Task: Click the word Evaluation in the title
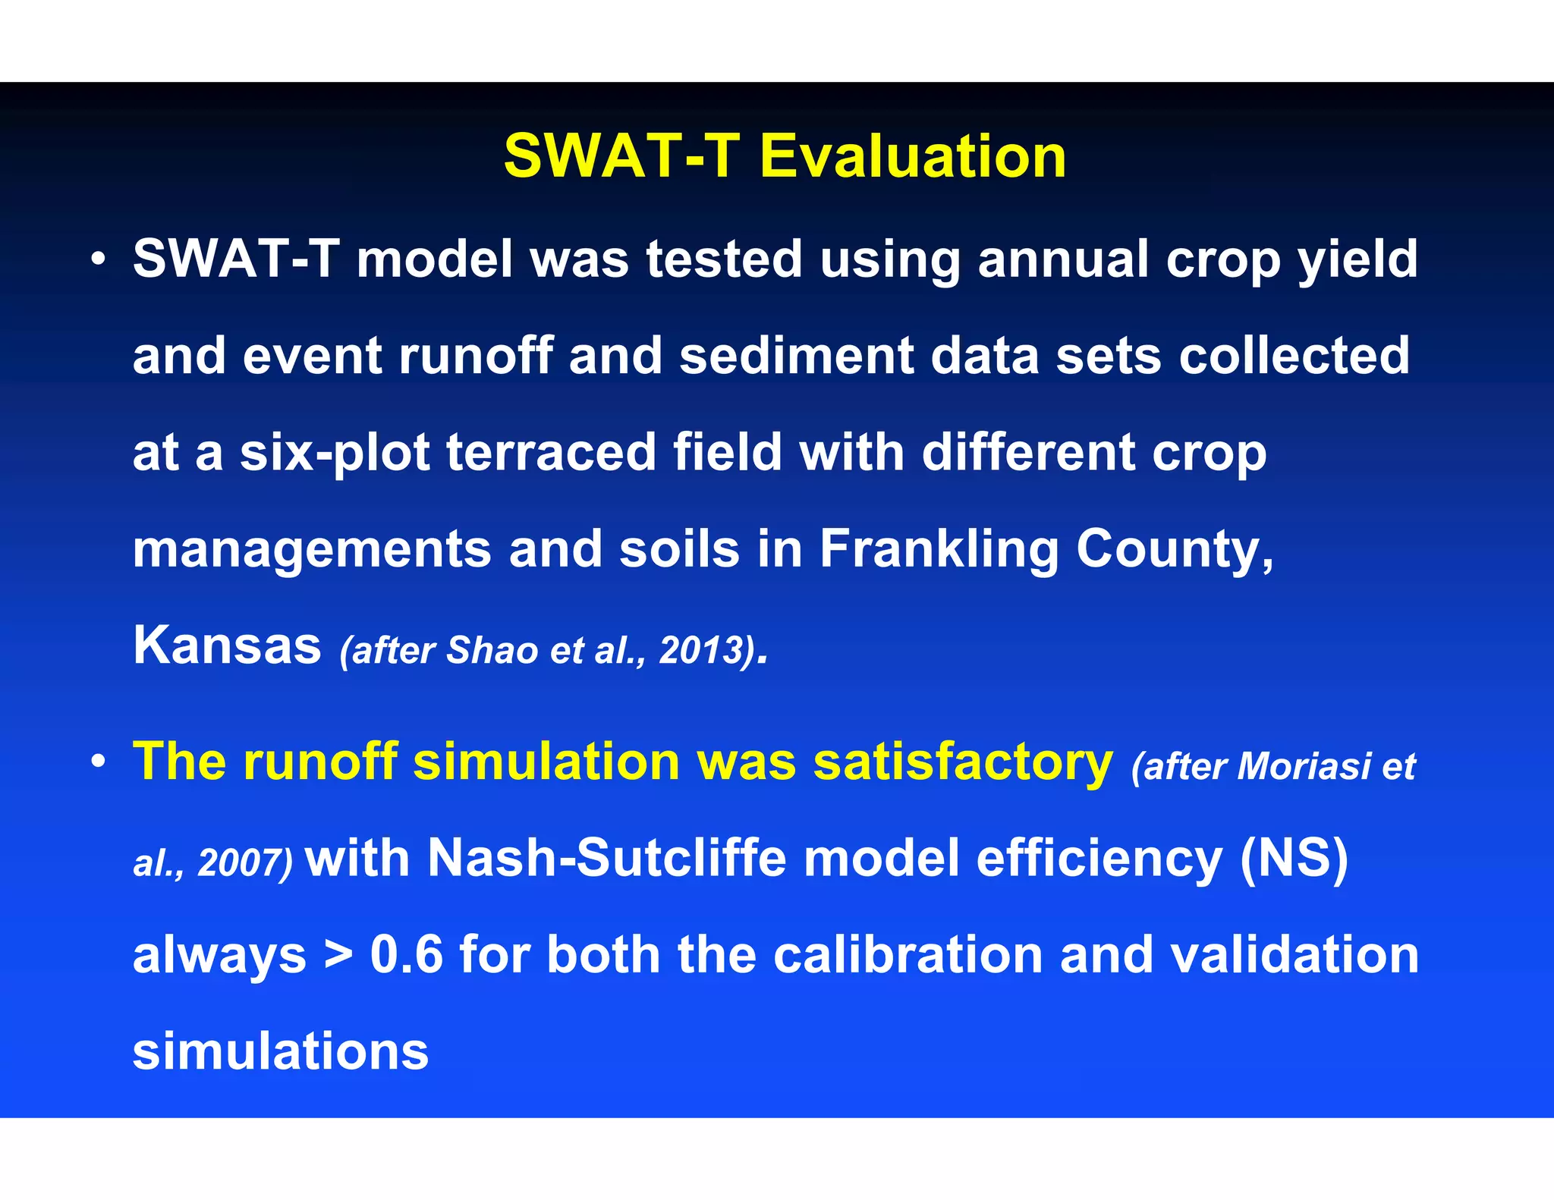(x=913, y=156)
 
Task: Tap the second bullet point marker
(x=98, y=762)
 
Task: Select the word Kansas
(x=227, y=646)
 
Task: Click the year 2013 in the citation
(x=700, y=651)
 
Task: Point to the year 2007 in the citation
(x=239, y=863)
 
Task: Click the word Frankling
(x=939, y=549)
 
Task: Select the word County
(x=1175, y=549)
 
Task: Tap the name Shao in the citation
(x=492, y=651)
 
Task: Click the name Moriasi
(x=1305, y=767)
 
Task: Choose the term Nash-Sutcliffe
(x=606, y=858)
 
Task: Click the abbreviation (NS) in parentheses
(x=1294, y=858)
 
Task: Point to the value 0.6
(x=406, y=954)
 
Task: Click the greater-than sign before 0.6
(x=338, y=956)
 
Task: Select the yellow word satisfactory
(x=963, y=762)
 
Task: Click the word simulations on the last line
(x=281, y=1051)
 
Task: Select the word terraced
(x=551, y=453)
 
